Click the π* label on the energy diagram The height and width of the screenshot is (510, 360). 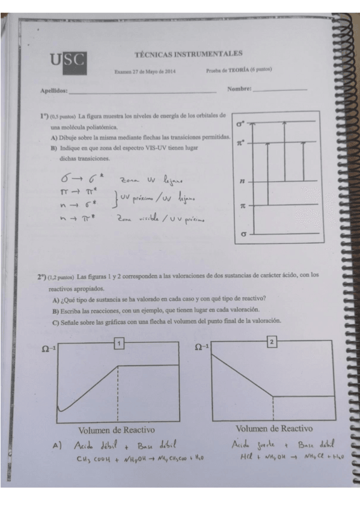[x=241, y=144]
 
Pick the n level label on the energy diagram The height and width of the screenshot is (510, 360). [x=242, y=180]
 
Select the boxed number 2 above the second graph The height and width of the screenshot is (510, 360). [x=272, y=342]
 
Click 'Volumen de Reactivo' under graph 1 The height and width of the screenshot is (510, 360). [x=117, y=430]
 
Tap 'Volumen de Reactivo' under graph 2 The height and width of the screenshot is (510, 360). [x=273, y=428]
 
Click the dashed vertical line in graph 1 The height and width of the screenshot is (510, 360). [x=118, y=391]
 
